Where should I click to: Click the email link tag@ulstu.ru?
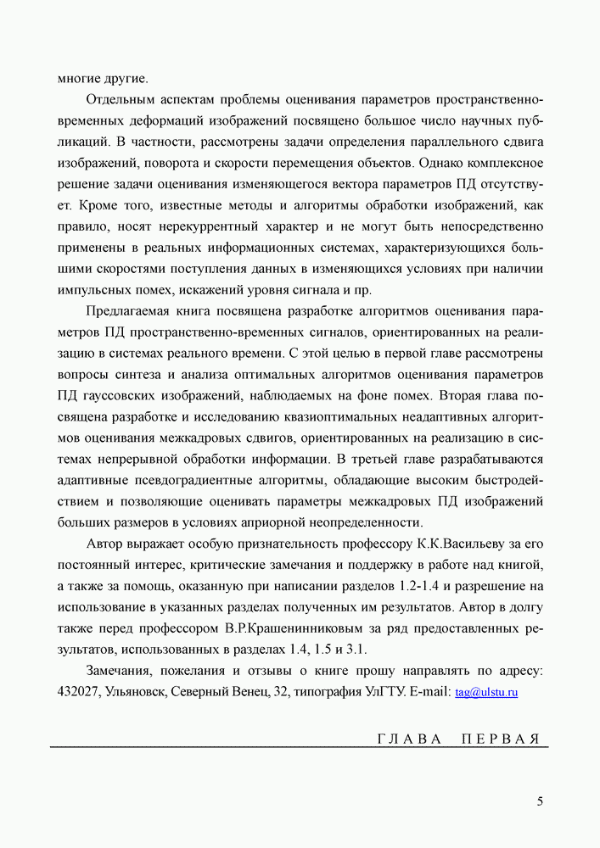[x=486, y=692]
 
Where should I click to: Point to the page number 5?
[x=540, y=801]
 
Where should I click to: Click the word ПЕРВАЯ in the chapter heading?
[x=501, y=738]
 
